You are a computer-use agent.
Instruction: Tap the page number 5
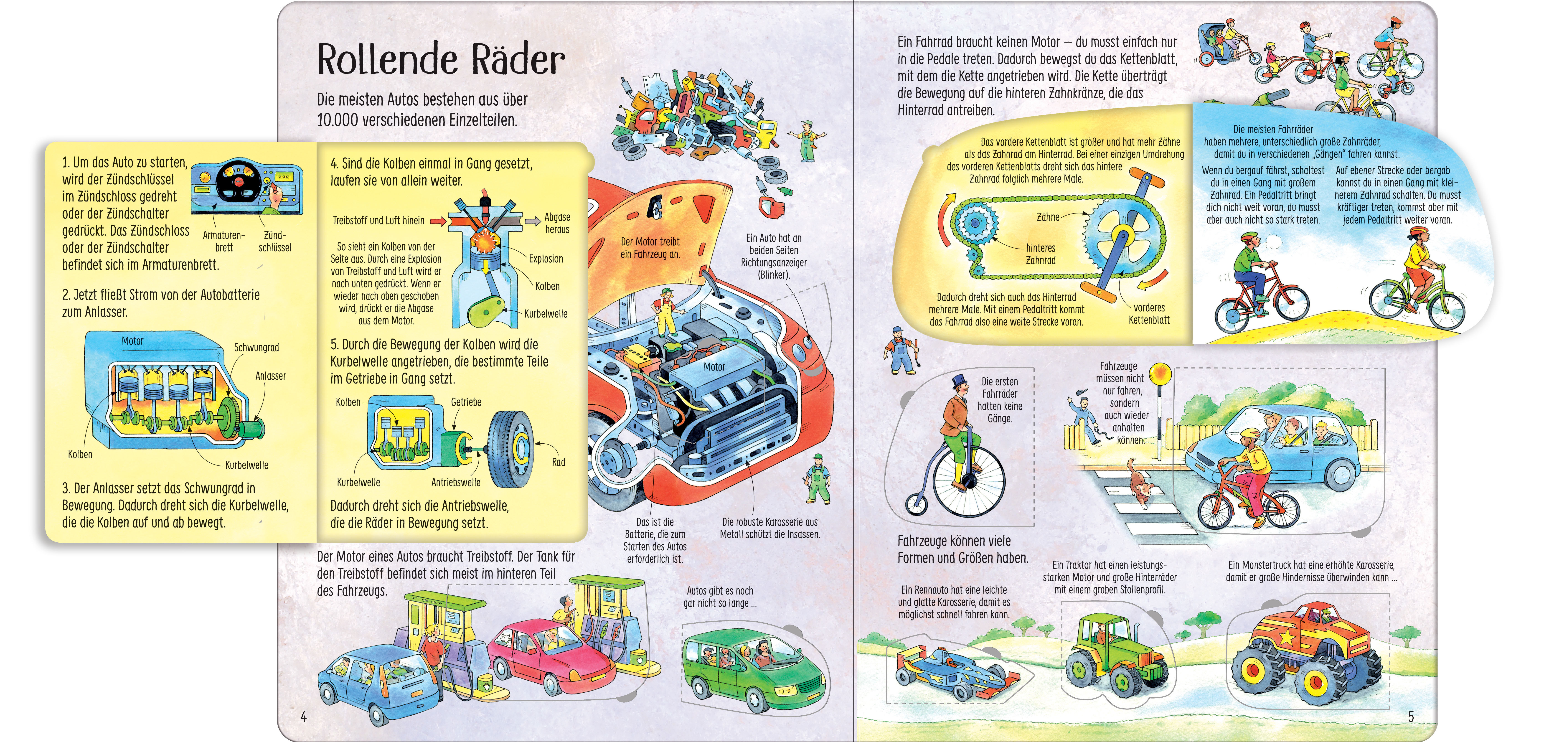coord(1410,716)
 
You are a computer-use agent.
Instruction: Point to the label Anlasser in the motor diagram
coord(270,376)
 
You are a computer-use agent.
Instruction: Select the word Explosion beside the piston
coord(546,259)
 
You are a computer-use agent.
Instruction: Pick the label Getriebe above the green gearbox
coord(466,402)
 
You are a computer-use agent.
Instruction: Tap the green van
coord(752,671)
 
